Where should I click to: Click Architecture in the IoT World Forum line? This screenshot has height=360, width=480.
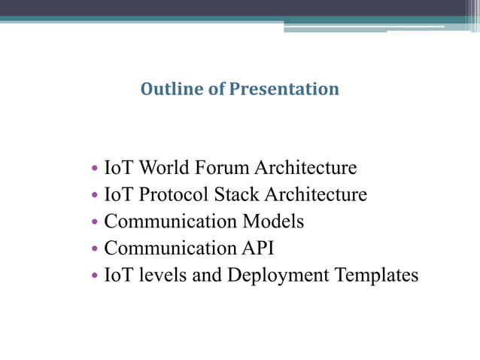(x=305, y=167)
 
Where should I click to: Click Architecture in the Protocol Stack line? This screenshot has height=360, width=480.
(x=316, y=194)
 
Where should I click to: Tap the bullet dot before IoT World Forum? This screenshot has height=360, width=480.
(x=93, y=169)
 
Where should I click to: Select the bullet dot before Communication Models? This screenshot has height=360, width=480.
(x=93, y=223)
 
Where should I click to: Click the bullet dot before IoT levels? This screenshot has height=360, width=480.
(x=93, y=276)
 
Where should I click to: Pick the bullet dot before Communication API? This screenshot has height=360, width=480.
(x=93, y=249)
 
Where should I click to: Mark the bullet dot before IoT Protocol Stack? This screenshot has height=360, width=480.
(x=93, y=196)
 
